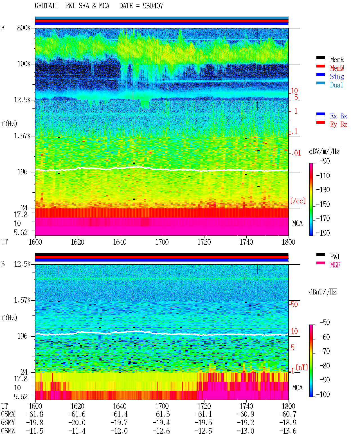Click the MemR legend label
point(337,60)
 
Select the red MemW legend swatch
point(320,66)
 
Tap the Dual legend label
point(336,85)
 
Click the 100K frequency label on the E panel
point(24,64)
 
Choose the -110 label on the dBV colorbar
point(323,176)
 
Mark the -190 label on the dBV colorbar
point(323,233)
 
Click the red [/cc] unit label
point(298,201)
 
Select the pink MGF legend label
point(335,265)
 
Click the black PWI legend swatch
point(320,255)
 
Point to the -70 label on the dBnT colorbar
point(325,351)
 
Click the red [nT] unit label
point(302,367)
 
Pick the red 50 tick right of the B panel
point(294,305)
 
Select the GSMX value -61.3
point(161,414)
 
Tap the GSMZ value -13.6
point(288,431)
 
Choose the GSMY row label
point(8,422)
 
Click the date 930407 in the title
point(153,6)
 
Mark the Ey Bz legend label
point(339,125)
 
